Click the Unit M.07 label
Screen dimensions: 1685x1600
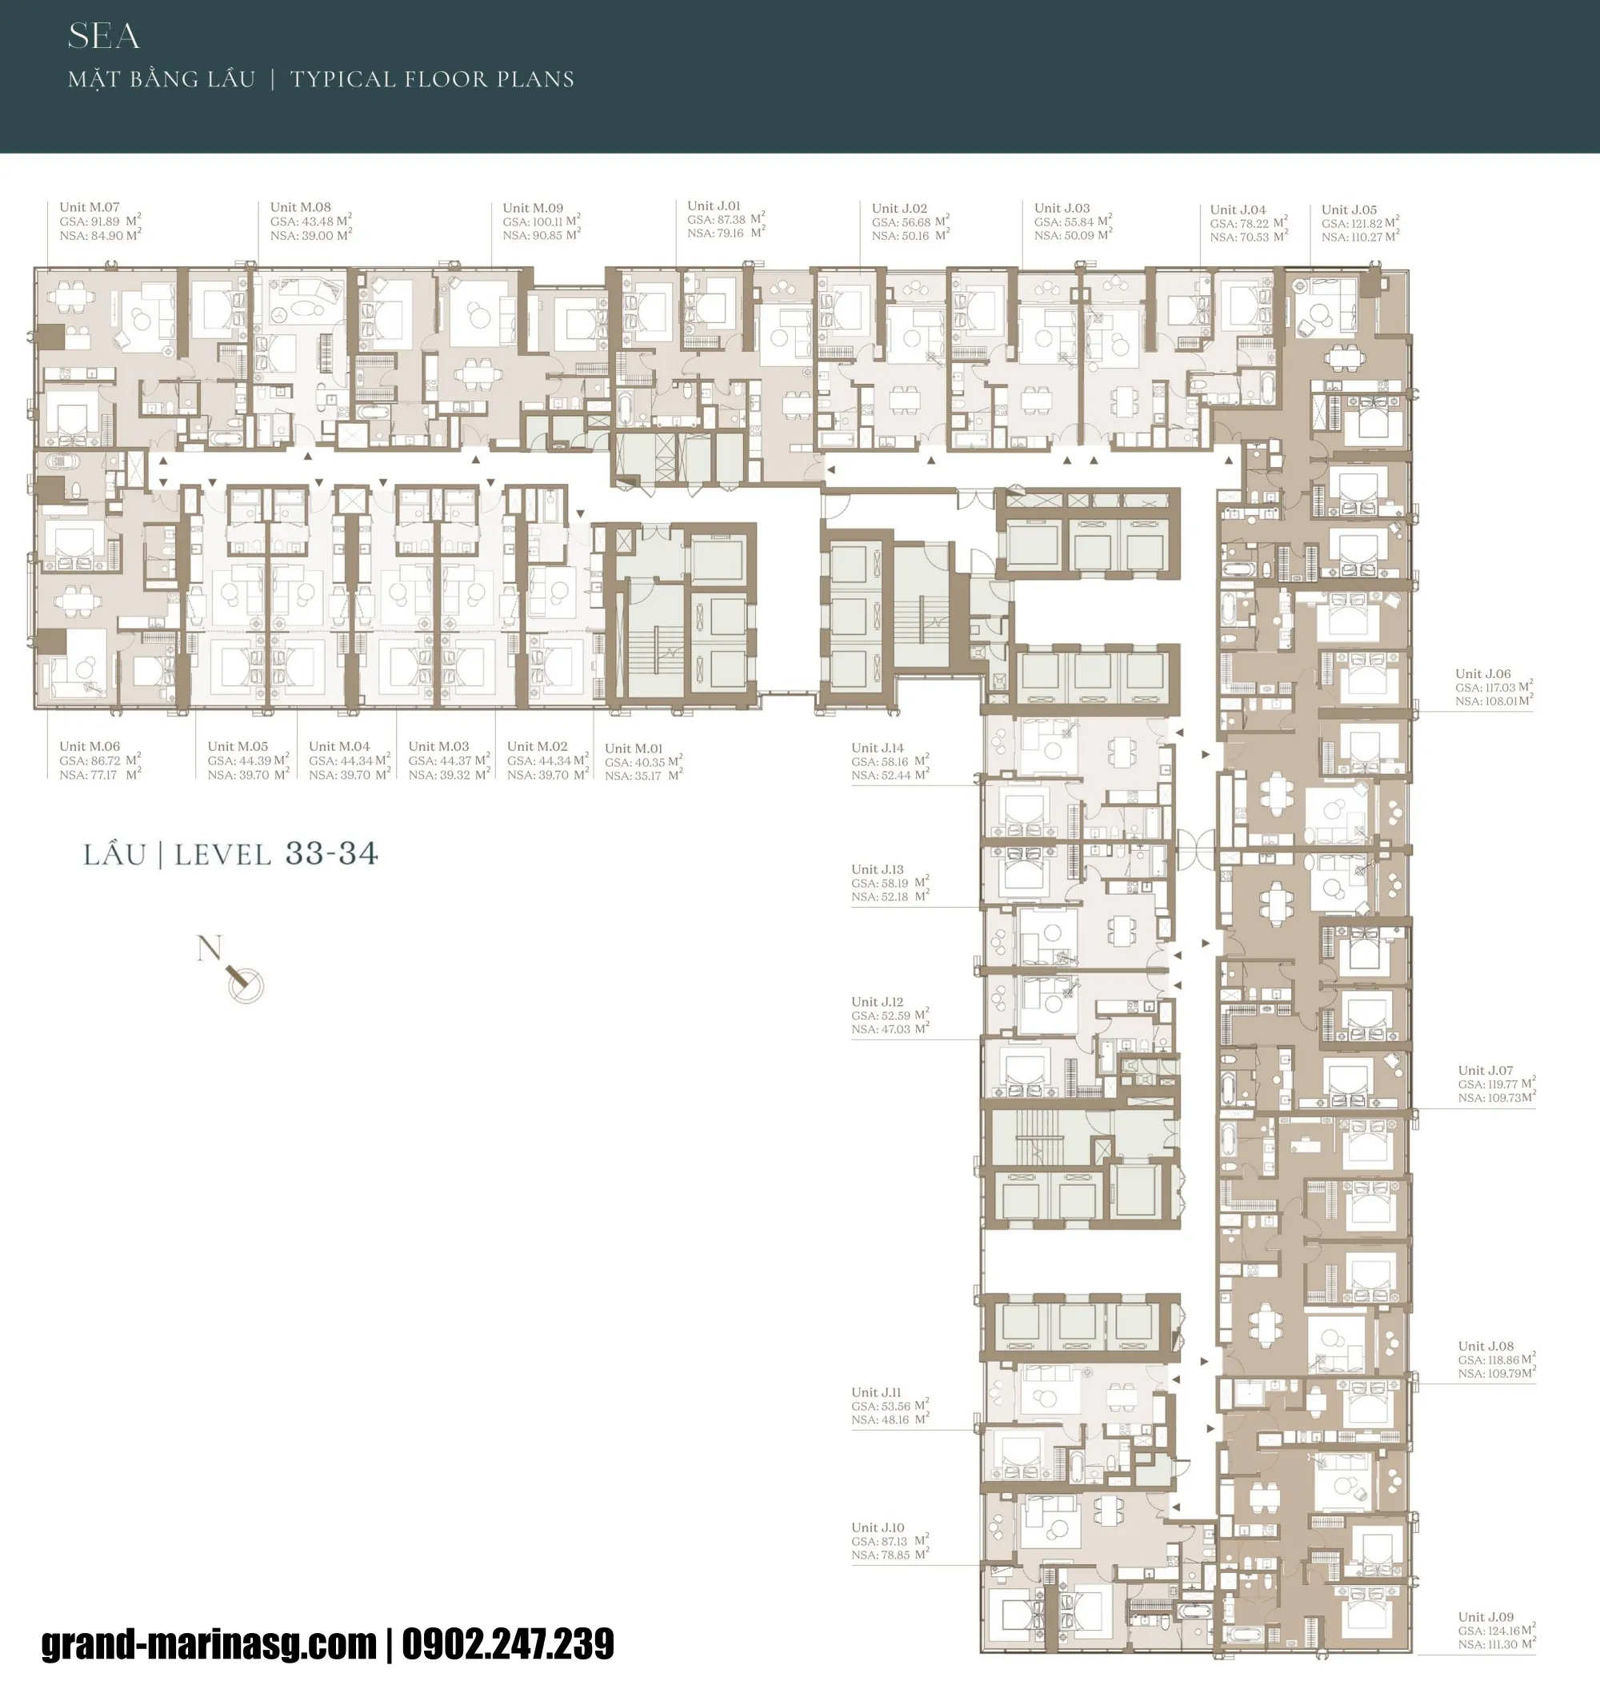point(89,206)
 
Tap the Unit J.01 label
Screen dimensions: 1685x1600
point(713,206)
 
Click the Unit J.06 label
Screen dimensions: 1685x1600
point(1482,673)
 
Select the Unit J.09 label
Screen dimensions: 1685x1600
point(1485,1617)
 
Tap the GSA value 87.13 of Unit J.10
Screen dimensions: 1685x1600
point(894,1542)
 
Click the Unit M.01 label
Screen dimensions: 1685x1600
point(633,749)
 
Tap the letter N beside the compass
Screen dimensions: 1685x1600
point(209,948)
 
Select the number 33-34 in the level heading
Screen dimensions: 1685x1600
point(331,853)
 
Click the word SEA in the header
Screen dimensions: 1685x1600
point(103,36)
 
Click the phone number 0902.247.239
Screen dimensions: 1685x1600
point(507,1644)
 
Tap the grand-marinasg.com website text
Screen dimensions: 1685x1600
point(209,1644)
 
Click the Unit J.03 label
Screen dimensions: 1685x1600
point(1061,208)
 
